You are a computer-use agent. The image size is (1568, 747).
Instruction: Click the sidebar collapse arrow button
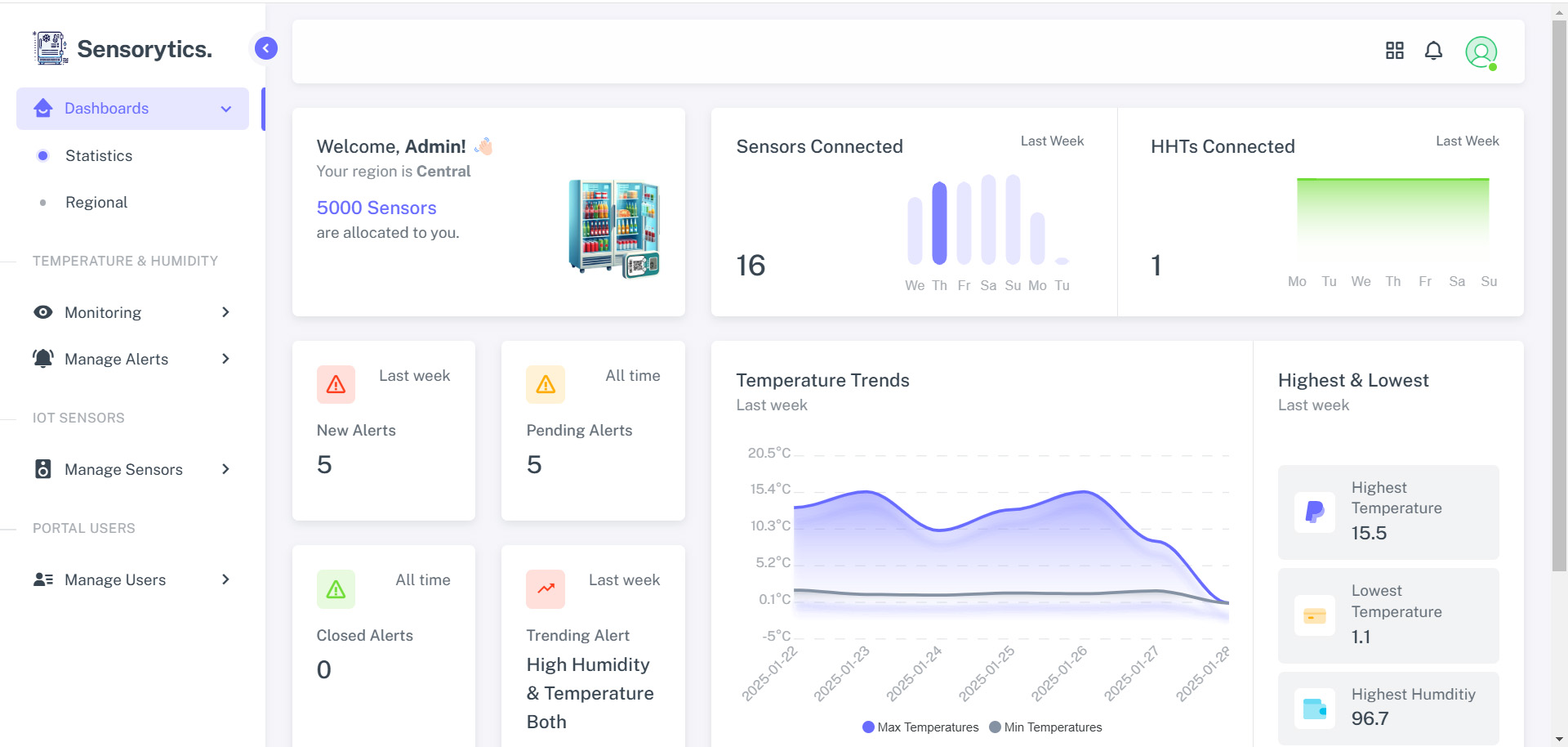266,48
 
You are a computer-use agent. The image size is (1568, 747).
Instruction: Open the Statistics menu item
98,155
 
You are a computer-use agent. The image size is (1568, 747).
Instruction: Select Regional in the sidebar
96,202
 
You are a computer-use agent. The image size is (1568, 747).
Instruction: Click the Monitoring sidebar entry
103,312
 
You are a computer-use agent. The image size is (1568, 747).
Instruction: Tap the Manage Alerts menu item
116,359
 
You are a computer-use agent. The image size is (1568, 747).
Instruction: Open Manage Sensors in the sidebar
123,469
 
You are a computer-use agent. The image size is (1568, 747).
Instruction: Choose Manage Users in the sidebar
115,579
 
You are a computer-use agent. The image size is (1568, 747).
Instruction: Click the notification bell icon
1433,51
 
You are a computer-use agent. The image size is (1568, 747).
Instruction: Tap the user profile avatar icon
1481,52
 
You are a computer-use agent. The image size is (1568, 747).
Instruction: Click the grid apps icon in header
1395,51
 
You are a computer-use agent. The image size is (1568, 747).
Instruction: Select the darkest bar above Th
939,222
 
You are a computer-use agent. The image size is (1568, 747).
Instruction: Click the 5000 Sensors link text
376,208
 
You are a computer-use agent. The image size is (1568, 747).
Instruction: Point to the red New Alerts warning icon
336,384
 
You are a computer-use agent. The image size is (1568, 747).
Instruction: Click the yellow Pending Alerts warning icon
546,384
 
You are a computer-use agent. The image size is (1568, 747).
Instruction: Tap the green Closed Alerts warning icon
336,589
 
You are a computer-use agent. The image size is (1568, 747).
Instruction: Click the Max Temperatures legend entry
920,727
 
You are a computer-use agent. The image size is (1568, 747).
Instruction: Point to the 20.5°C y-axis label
768,453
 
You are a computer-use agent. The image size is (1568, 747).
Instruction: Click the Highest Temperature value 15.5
1369,533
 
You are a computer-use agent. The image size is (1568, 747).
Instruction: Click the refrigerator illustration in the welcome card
614,228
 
